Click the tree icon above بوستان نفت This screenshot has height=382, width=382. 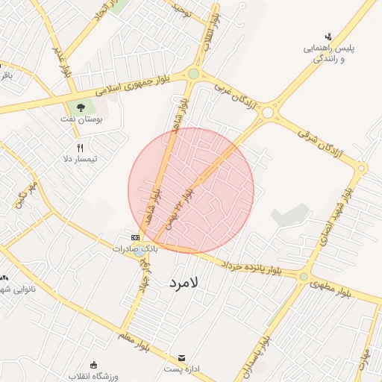click(x=81, y=107)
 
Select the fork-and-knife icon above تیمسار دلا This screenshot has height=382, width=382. click(x=80, y=148)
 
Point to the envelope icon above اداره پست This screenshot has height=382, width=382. click(x=179, y=358)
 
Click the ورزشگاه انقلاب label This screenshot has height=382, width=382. click(x=93, y=375)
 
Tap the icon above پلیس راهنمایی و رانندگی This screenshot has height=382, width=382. click(x=328, y=37)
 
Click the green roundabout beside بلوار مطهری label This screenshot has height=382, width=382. click(x=303, y=277)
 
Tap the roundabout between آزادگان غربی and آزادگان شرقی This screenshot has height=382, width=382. click(x=267, y=112)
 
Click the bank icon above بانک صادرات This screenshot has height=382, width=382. click(x=134, y=237)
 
